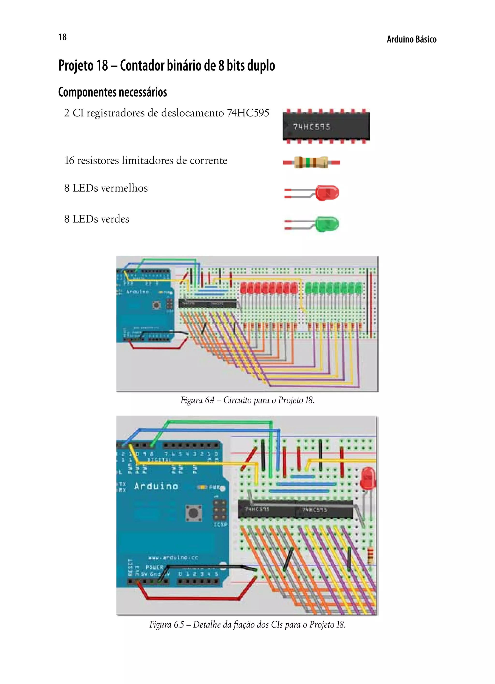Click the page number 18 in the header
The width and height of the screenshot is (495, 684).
tap(62, 37)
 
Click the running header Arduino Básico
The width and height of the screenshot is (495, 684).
tap(411, 40)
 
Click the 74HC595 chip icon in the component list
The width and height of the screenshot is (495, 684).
tap(326, 126)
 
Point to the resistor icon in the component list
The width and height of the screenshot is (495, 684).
tap(311, 163)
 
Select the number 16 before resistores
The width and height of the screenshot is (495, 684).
tap(69, 160)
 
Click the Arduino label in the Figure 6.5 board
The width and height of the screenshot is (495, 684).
tap(156, 486)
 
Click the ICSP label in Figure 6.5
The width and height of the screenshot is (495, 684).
tap(220, 525)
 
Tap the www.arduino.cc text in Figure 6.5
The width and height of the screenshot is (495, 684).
tap(173, 558)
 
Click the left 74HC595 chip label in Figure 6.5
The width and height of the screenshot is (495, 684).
tap(257, 509)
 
